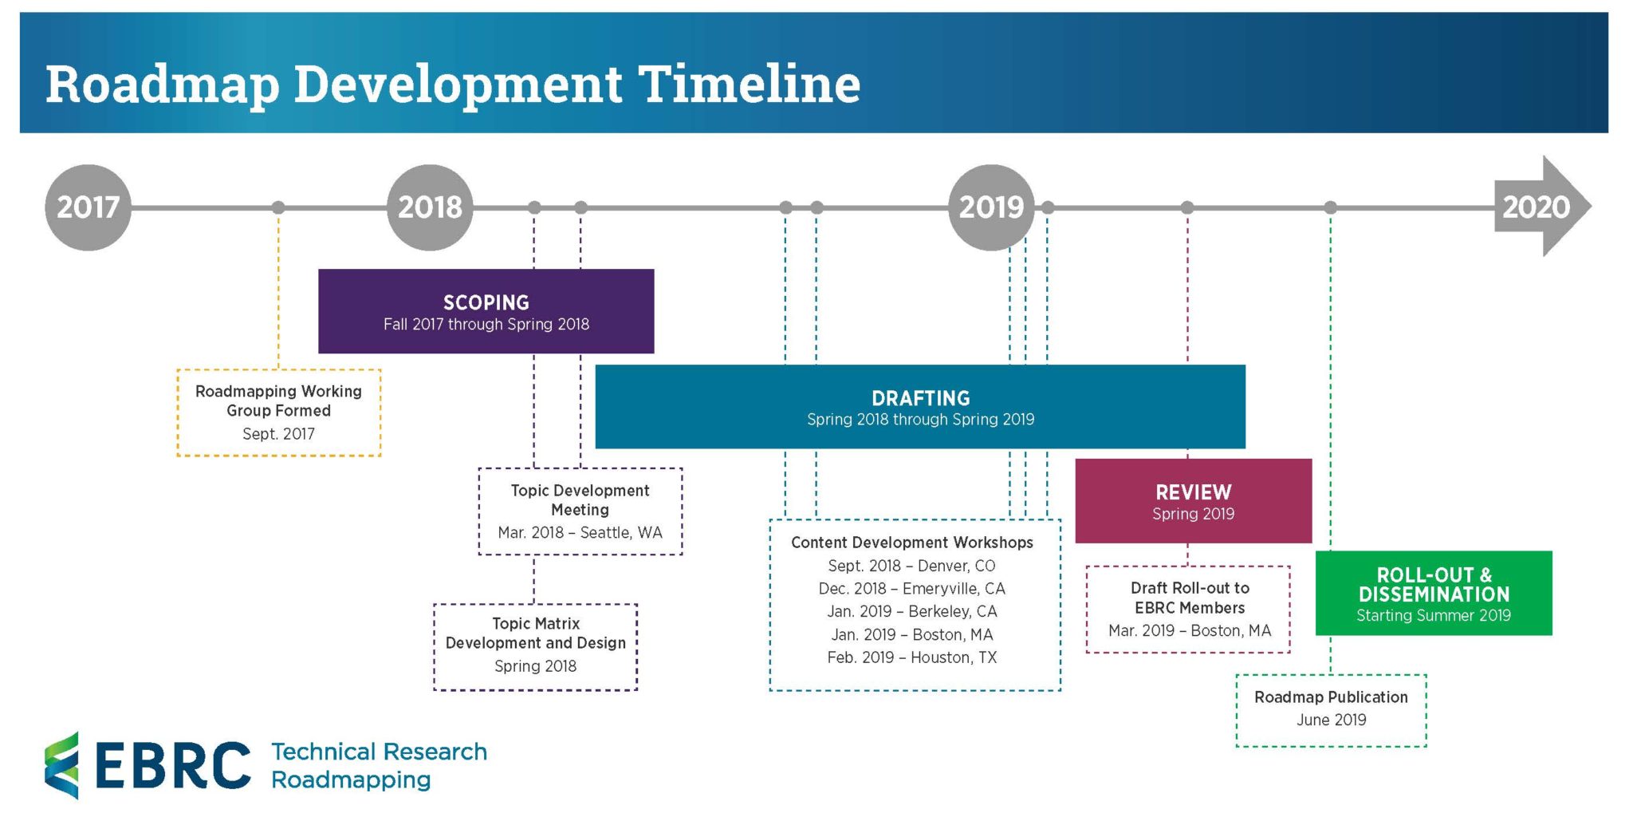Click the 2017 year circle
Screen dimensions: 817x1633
pyautogui.click(x=88, y=207)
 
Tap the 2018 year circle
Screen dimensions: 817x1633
pyautogui.click(x=430, y=207)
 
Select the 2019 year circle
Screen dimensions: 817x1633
pyautogui.click(x=991, y=207)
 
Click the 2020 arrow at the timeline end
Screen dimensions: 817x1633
pyautogui.click(x=1541, y=207)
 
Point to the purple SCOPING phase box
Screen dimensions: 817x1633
pyautogui.click(x=486, y=311)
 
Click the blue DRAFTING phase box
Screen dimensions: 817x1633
pyautogui.click(x=920, y=407)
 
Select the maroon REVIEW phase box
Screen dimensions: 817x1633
pyautogui.click(x=1193, y=501)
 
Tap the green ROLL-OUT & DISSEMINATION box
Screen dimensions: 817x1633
pyautogui.click(x=1433, y=594)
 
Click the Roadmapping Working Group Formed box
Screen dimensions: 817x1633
pyautogui.click(x=278, y=412)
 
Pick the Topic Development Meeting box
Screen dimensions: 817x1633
pyautogui.click(x=580, y=511)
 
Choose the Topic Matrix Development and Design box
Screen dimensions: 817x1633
pyautogui.click(x=535, y=646)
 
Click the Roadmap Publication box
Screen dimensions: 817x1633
pyautogui.click(x=1331, y=710)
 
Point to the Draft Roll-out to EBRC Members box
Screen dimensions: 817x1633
pyautogui.click(x=1188, y=610)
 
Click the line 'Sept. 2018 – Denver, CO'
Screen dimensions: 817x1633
pyautogui.click(x=911, y=566)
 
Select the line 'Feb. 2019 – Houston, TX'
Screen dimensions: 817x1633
pyautogui.click(x=911, y=657)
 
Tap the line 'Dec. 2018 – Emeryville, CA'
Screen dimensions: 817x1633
pyautogui.click(x=911, y=589)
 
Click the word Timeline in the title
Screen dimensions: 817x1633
pyautogui.click(x=750, y=83)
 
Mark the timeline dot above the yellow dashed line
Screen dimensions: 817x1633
pyautogui.click(x=278, y=207)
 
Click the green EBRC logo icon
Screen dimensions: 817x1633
pyautogui.click(x=62, y=764)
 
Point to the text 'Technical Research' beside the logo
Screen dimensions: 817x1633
pyautogui.click(x=379, y=752)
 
